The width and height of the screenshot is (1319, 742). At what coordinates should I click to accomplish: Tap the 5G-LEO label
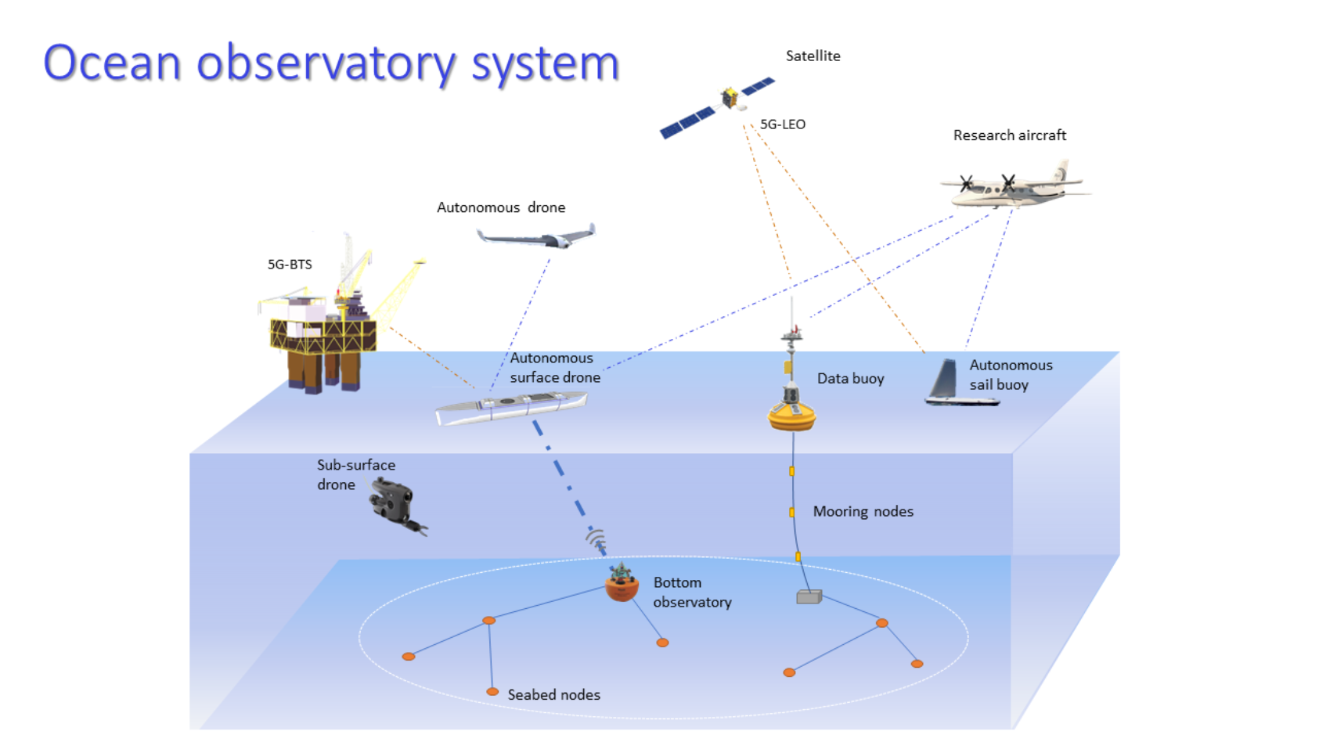point(782,124)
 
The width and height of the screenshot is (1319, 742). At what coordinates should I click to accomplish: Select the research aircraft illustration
point(1014,186)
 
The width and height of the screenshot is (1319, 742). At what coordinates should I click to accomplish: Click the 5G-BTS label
point(290,265)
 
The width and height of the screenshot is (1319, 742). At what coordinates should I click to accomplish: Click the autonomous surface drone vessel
point(511,408)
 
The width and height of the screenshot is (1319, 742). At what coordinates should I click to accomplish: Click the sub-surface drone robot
point(395,505)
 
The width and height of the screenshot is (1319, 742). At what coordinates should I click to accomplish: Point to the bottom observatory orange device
point(622,586)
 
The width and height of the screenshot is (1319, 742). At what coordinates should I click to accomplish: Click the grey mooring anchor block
point(809,597)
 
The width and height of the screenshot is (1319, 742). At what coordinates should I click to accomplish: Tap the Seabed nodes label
point(553,695)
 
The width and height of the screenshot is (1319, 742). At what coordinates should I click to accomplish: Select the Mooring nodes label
point(863,512)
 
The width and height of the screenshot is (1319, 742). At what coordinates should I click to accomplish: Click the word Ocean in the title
point(112,63)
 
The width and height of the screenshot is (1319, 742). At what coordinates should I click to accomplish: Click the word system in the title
point(545,65)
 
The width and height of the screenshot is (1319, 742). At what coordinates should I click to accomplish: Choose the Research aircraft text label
point(1009,135)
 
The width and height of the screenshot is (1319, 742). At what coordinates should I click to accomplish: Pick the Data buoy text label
point(850,379)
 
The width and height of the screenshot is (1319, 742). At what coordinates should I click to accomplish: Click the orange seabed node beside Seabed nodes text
point(492,692)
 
